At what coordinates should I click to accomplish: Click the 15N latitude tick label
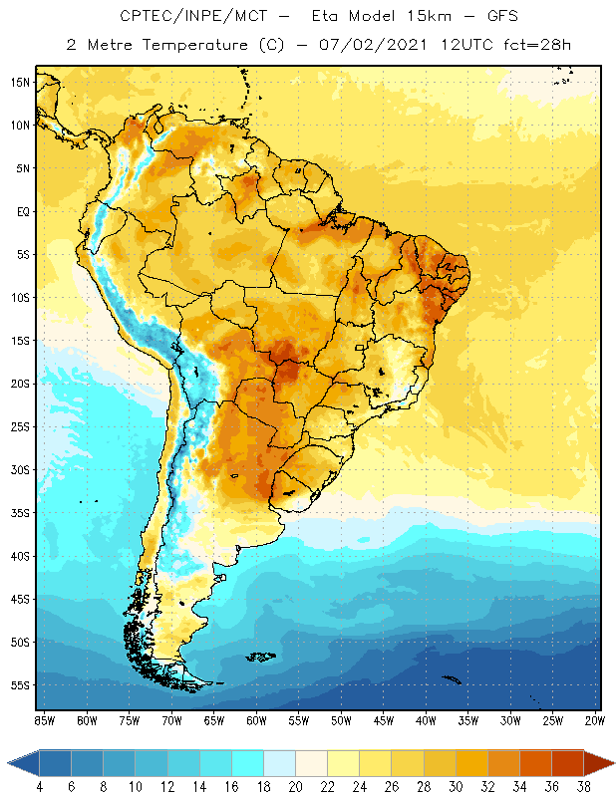pos(19,82)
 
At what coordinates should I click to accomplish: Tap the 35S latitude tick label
pos(19,513)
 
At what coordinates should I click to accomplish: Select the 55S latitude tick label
pos(19,685)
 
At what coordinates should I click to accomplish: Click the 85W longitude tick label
pos(44,719)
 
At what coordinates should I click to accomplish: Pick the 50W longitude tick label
pos(341,719)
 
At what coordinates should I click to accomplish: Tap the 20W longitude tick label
pos(594,719)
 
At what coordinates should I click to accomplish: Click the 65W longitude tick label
pos(213,719)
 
